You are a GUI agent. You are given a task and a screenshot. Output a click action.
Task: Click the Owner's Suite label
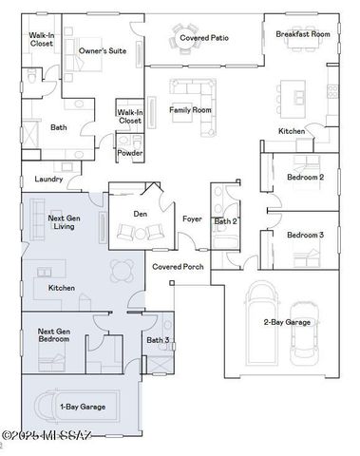click(104, 49)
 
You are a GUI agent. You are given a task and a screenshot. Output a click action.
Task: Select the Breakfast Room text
click(302, 33)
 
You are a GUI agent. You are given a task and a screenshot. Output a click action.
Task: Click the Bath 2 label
click(225, 220)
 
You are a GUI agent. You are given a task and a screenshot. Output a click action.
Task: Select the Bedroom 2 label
click(306, 177)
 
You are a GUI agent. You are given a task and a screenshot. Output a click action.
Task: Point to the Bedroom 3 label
click(306, 235)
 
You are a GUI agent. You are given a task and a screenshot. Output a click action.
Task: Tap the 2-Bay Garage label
click(287, 322)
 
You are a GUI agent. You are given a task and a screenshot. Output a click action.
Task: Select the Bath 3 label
click(157, 339)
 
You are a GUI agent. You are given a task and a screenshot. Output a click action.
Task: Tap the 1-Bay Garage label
click(83, 407)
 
